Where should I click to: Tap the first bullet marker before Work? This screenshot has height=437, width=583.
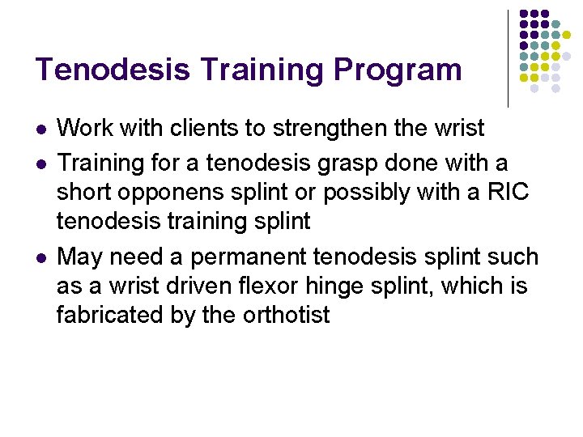pyautogui.click(x=42, y=129)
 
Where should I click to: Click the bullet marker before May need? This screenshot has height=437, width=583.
pyautogui.click(x=42, y=258)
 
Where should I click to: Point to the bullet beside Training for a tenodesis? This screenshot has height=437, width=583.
pyautogui.click(x=42, y=164)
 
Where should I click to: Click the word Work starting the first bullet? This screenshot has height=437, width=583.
pyautogui.click(x=85, y=128)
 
